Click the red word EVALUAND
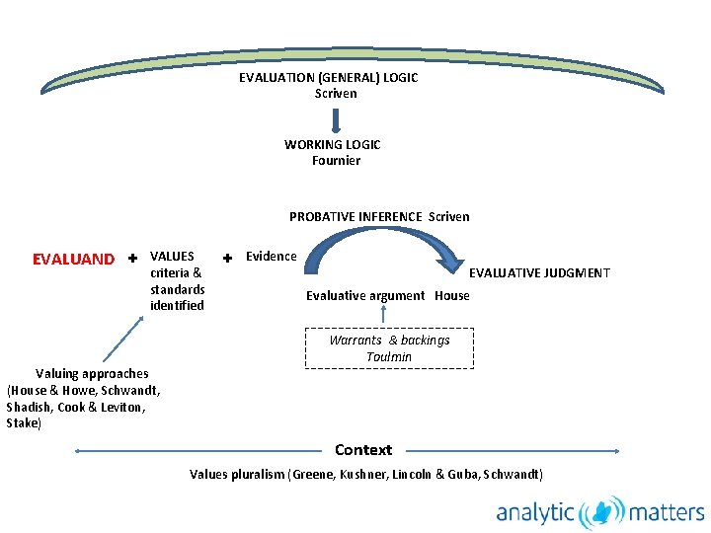tap(73, 260)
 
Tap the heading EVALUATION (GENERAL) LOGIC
tap(328, 77)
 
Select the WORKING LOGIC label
tap(332, 144)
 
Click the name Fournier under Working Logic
tap(336, 160)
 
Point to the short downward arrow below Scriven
tap(336, 119)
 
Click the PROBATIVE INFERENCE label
tap(356, 216)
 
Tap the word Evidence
tap(271, 257)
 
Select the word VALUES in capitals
tap(172, 257)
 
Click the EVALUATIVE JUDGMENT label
tap(539, 273)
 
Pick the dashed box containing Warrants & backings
tap(389, 347)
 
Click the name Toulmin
tap(389, 356)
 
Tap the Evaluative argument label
tap(365, 295)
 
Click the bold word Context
tap(363, 450)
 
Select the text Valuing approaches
tap(92, 373)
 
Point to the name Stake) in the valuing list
tap(24, 423)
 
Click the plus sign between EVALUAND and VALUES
tap(132, 259)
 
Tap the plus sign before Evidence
tap(227, 258)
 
